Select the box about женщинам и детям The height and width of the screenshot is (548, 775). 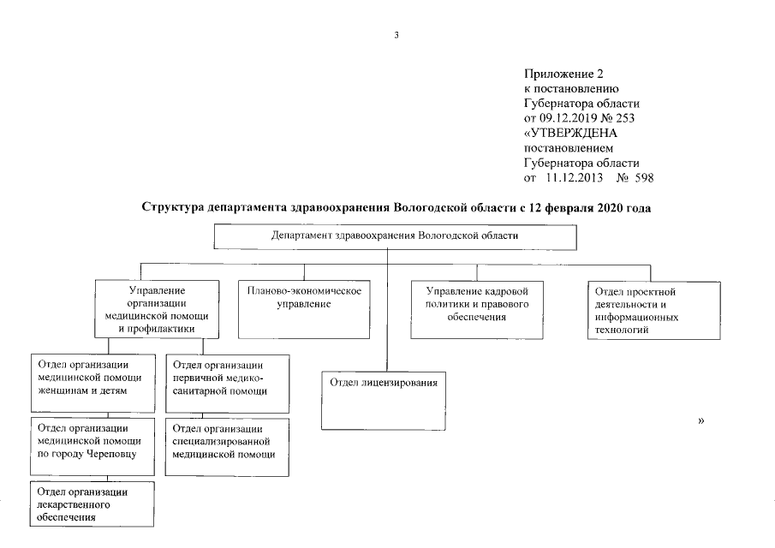tap(94, 382)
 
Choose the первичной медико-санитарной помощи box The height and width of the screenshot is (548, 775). tap(225, 382)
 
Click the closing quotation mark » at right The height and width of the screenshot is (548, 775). tap(701, 421)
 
